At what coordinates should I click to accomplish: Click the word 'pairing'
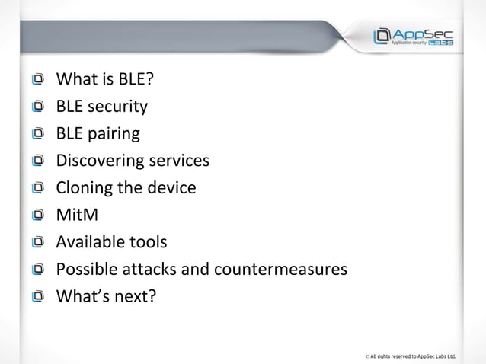(x=114, y=135)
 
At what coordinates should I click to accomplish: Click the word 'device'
(x=172, y=187)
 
